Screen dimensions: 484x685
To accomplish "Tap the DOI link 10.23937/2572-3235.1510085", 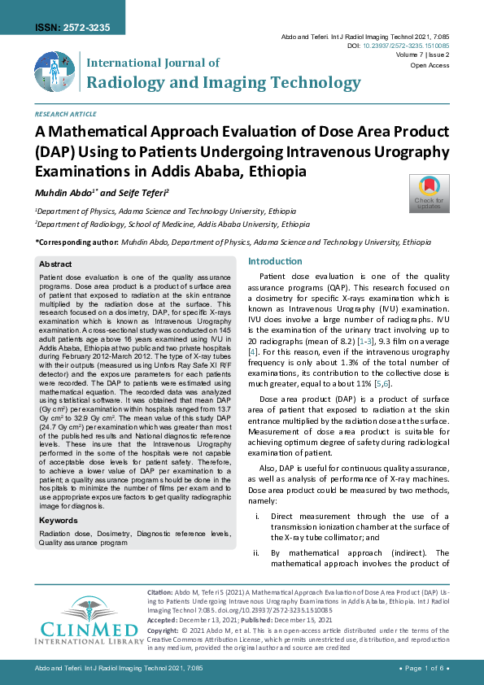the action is coord(414,47).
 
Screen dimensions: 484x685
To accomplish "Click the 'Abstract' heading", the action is coord(55,264).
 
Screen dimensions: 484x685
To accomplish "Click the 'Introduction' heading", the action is coord(274,262).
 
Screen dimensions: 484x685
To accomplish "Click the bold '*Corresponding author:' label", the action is coord(76,242).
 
